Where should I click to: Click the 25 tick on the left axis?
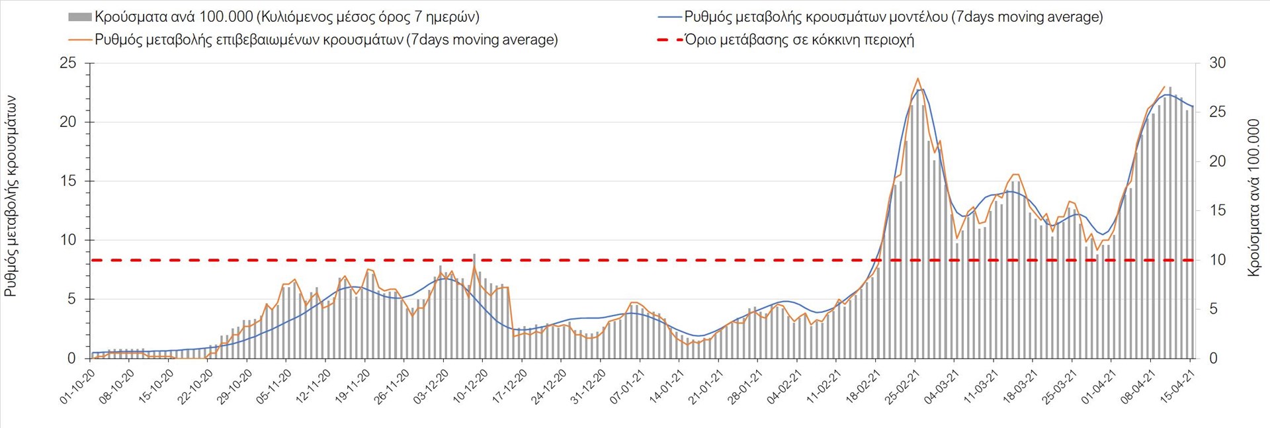pyautogui.click(x=68, y=64)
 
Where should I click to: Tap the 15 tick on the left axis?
pyautogui.click(x=68, y=181)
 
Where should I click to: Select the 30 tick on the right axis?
pyautogui.click(x=1217, y=64)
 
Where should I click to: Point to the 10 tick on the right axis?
pyautogui.click(x=1217, y=260)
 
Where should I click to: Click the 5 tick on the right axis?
pyautogui.click(x=1213, y=310)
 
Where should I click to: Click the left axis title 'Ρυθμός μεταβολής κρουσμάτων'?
pyautogui.click(x=11, y=196)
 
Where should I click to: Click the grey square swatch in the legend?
pyautogui.click(x=79, y=17)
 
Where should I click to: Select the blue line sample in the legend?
pyautogui.click(x=669, y=17)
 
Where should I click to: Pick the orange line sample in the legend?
pyautogui.click(x=79, y=40)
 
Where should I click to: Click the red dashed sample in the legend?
pyautogui.click(x=669, y=40)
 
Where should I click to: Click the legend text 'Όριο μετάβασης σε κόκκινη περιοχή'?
pyautogui.click(x=799, y=40)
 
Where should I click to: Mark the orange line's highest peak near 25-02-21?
pyautogui.click(x=917, y=79)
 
